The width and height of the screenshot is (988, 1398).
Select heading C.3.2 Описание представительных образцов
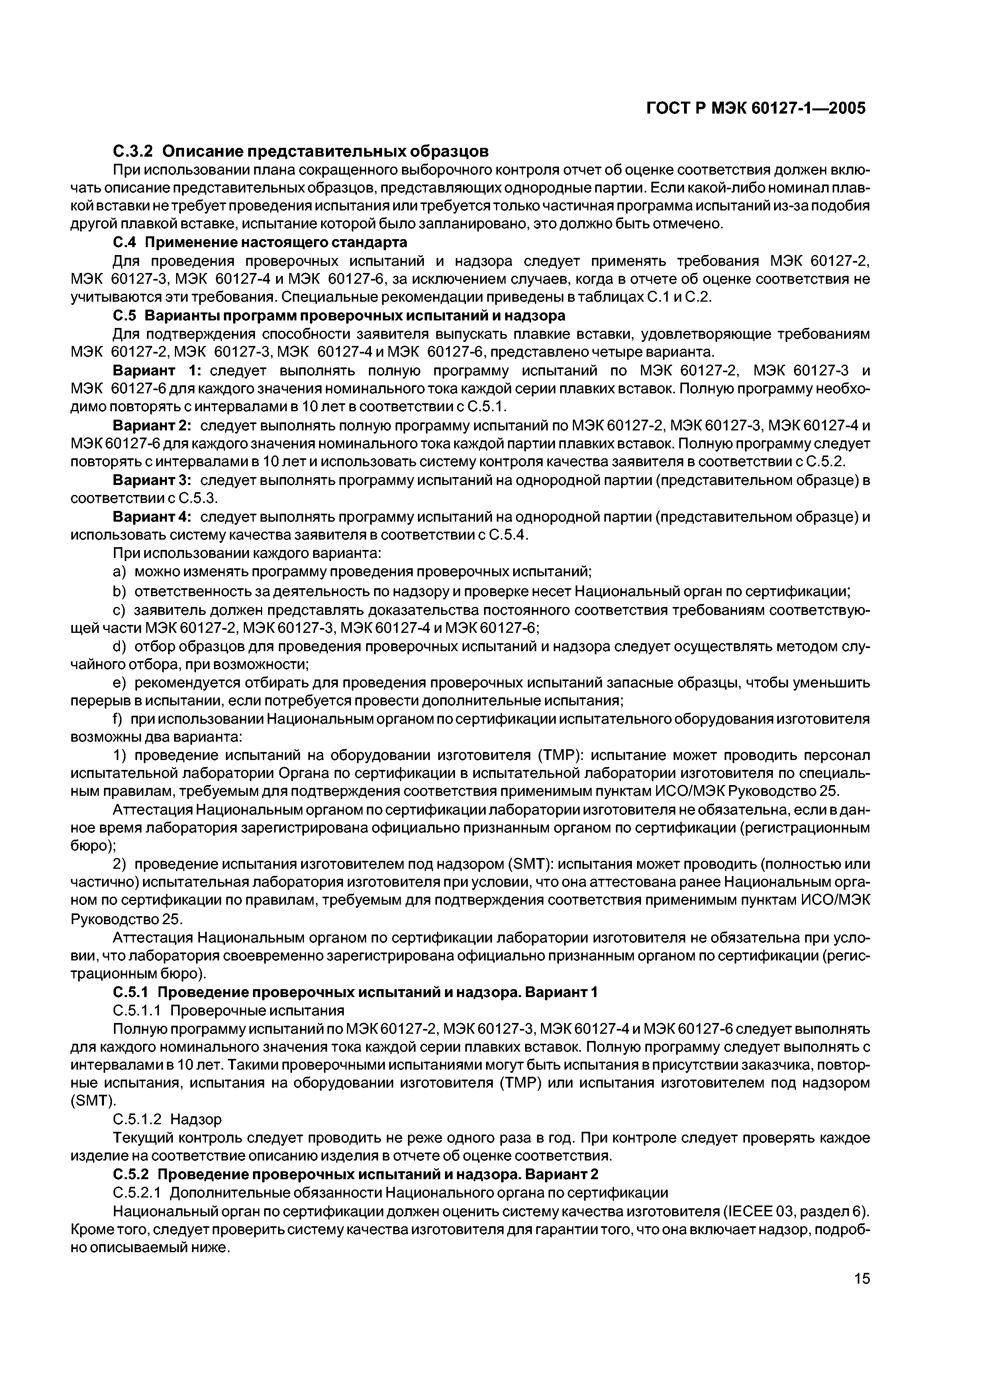[301, 150]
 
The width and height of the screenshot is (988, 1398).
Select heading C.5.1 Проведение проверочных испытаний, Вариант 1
[355, 992]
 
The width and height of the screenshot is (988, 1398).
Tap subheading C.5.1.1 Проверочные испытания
[229, 1011]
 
